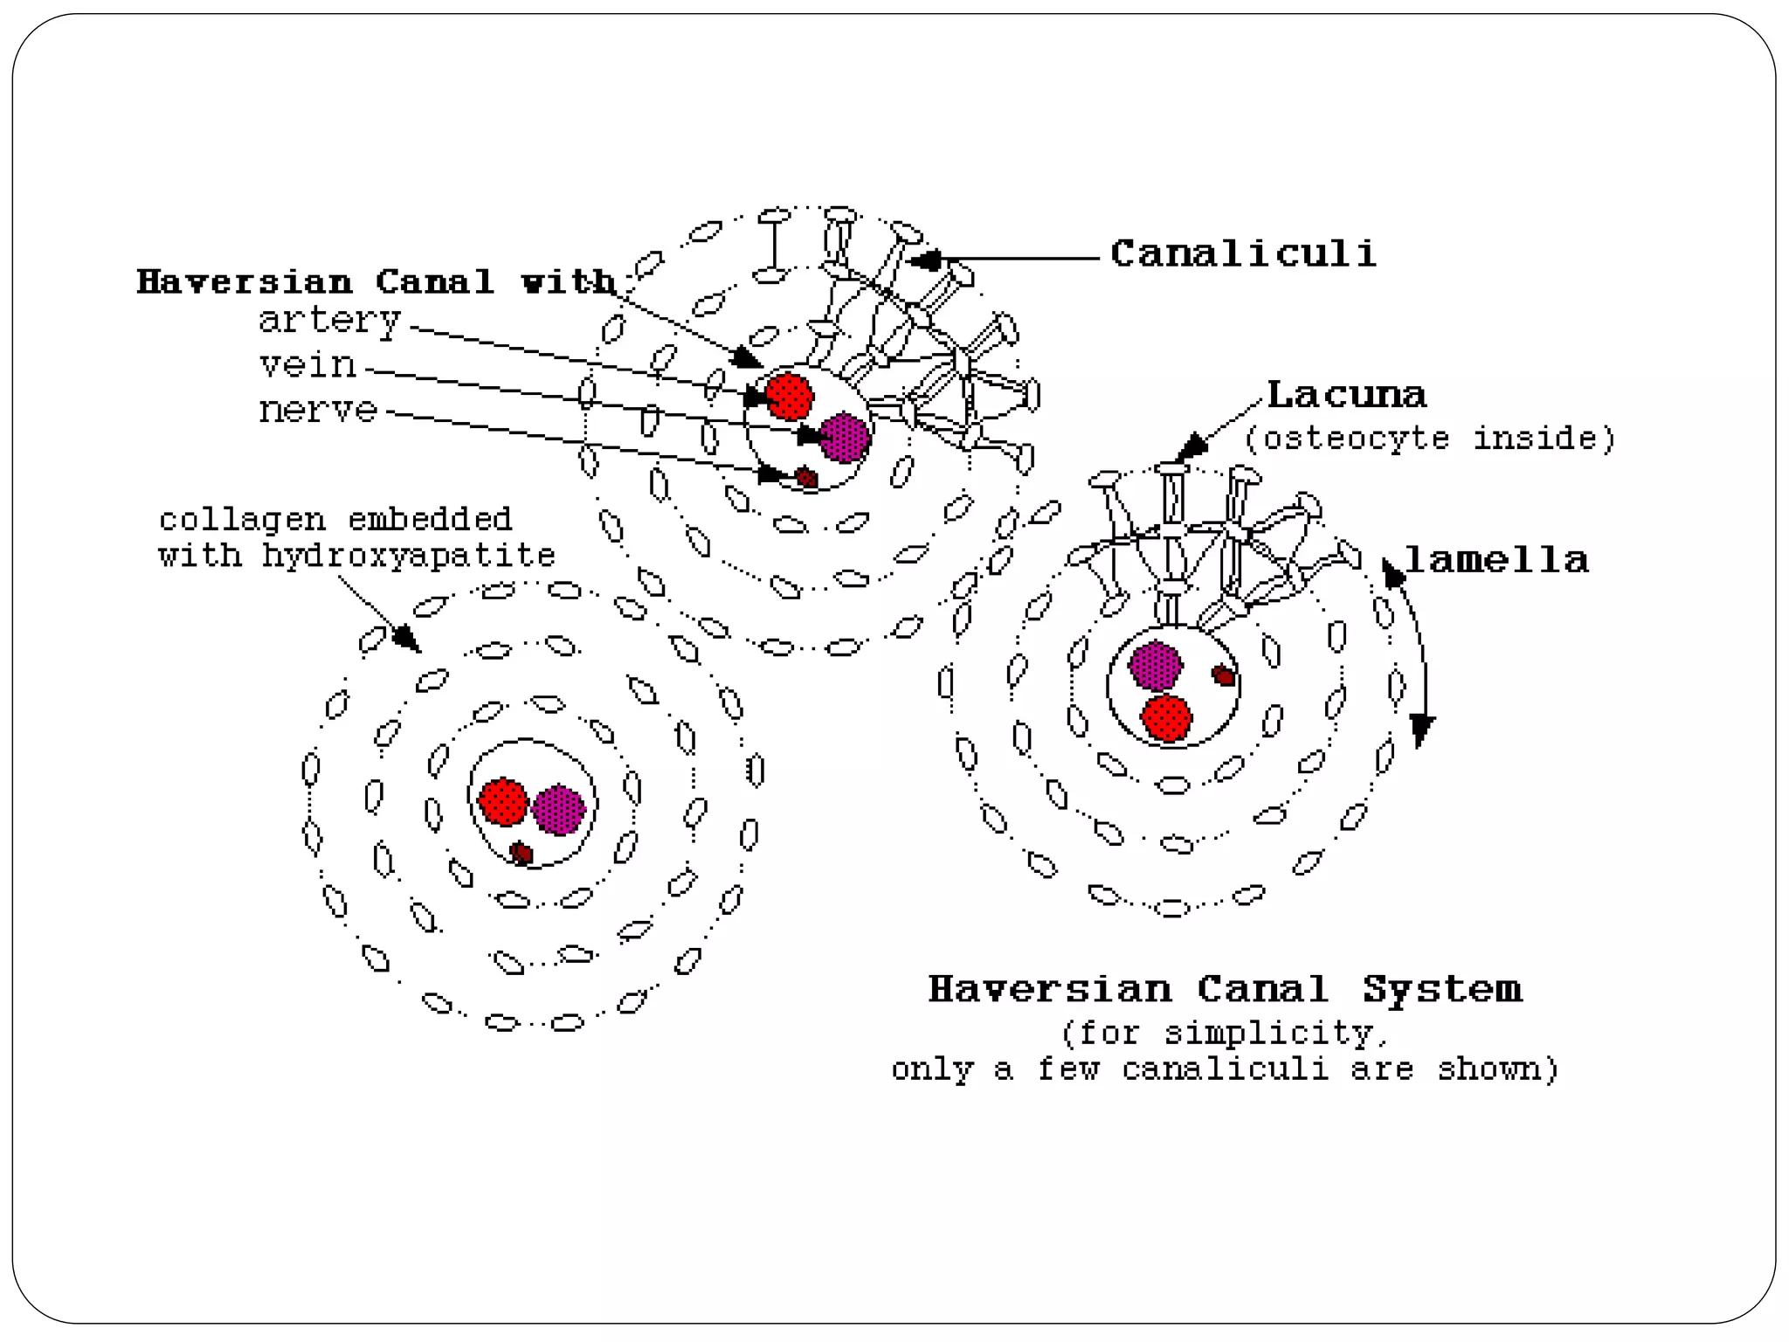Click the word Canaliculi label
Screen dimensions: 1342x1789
[x=1242, y=254]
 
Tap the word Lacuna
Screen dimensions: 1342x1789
[x=1346, y=395]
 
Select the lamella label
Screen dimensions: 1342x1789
[x=1496, y=560]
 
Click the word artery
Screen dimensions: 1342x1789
[x=329, y=321]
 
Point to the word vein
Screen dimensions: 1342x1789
[x=308, y=364]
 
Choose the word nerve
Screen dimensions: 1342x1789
[x=318, y=410]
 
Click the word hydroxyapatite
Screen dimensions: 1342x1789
[x=409, y=556]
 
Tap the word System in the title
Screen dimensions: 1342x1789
[x=1442, y=989]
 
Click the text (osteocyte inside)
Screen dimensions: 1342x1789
[x=1430, y=438]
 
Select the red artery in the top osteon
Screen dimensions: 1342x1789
[x=790, y=396]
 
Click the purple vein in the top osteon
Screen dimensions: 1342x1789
[x=845, y=437]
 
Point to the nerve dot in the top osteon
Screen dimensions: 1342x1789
[x=806, y=478]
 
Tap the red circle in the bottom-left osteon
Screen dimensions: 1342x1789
[x=503, y=801]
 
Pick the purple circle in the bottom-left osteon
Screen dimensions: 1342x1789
[x=558, y=810]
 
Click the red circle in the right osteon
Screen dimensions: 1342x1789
[x=1167, y=718]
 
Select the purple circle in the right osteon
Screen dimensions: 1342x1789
[x=1155, y=666]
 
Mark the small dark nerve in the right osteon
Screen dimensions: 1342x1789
[x=1224, y=674]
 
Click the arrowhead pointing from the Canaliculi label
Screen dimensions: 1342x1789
[x=925, y=259]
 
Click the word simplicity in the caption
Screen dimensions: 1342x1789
[x=1269, y=1034]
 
